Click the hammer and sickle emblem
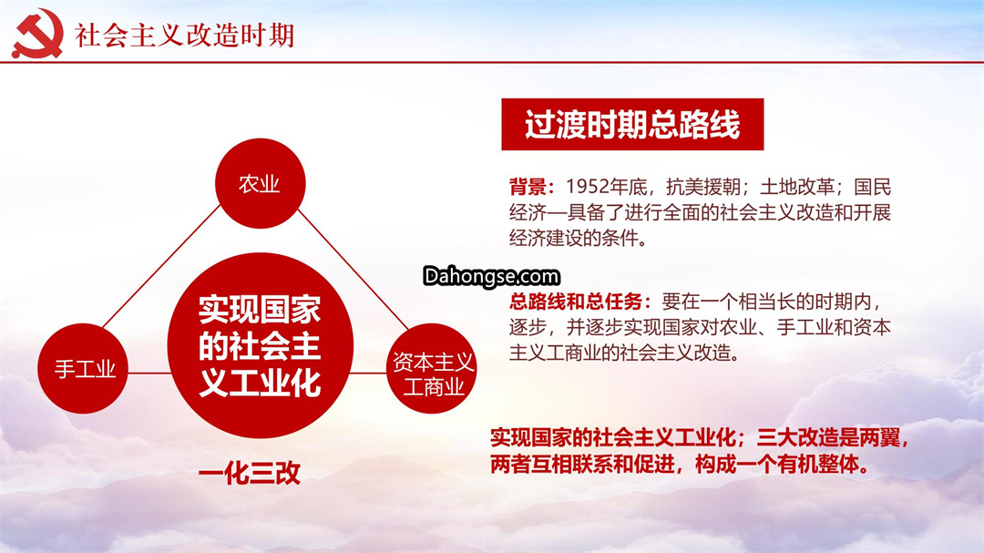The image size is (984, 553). click(37, 34)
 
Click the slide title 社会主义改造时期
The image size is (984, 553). click(184, 36)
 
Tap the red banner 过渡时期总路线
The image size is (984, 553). click(632, 124)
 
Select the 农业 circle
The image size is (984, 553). click(260, 183)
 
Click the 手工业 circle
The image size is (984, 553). click(83, 368)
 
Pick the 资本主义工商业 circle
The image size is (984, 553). click(432, 368)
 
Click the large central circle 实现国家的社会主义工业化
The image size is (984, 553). click(260, 345)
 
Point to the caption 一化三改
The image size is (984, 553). click(250, 474)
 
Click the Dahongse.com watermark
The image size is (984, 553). click(491, 276)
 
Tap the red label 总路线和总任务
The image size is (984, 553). click(576, 302)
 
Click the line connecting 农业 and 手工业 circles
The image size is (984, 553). click(161, 266)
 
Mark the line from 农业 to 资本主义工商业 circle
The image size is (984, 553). click(354, 270)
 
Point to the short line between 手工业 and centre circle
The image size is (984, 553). click(149, 373)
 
